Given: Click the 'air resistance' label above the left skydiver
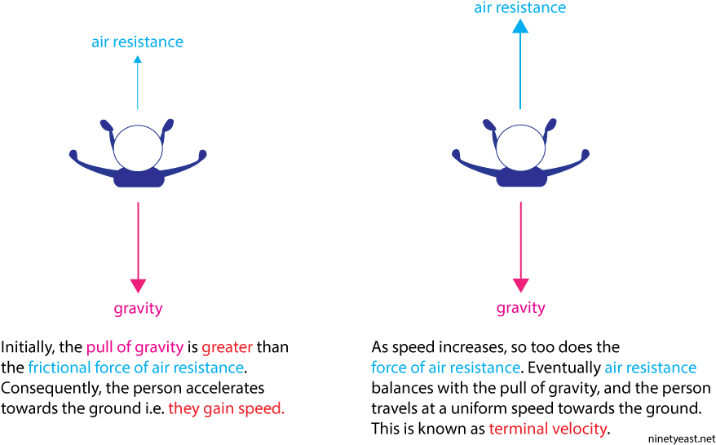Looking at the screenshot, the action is [138, 42].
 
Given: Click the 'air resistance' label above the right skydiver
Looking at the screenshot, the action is [519, 7].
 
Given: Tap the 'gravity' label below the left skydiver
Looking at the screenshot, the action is [138, 310].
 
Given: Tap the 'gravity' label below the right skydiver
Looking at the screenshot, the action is [520, 308].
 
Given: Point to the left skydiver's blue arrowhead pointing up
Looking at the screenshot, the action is [138, 59].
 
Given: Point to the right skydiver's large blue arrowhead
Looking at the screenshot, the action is [520, 26].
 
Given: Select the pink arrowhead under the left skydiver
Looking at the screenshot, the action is [138, 285].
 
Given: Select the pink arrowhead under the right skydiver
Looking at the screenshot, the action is [520, 284].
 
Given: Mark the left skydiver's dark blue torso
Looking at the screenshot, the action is [139, 178].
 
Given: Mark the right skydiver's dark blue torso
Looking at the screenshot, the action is [521, 178].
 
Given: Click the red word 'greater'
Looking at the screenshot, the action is [227, 348].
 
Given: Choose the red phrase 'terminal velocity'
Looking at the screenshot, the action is [549, 429].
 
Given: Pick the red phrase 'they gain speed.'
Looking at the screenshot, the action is [227, 409].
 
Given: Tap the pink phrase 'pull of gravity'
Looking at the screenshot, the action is [135, 348].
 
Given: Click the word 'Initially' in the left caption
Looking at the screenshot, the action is [29, 348].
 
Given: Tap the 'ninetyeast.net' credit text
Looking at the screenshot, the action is [680, 439].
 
